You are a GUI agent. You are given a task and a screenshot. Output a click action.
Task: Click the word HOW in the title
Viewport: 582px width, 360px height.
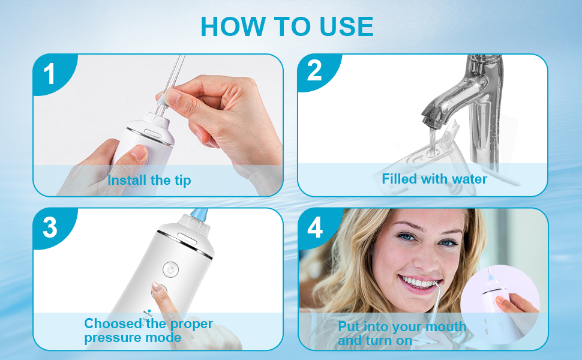[233, 26]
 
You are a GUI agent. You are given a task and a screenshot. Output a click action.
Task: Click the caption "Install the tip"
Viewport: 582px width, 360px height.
[149, 181]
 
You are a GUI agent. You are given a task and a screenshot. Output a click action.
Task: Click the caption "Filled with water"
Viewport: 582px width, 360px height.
[434, 179]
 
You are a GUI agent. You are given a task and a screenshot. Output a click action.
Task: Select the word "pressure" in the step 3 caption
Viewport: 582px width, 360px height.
[113, 338]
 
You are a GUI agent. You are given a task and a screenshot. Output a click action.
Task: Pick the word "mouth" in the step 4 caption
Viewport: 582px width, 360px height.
[446, 326]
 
